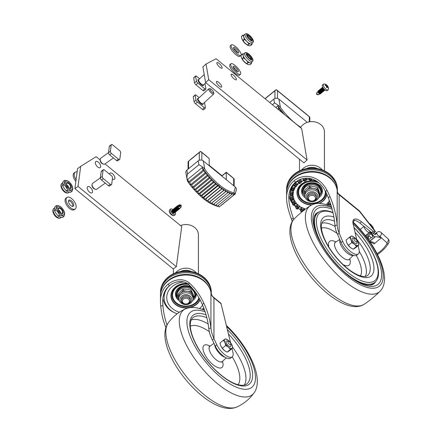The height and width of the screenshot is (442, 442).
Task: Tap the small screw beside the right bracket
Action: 321,89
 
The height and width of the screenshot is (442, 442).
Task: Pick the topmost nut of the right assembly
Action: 246,39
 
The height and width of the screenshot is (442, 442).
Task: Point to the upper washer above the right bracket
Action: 234,49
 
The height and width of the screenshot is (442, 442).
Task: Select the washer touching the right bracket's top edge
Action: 235,68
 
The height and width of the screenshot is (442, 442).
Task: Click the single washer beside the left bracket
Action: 70,203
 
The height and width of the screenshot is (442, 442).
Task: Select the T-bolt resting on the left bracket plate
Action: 103,179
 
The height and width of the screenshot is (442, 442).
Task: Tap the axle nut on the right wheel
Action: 353,242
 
